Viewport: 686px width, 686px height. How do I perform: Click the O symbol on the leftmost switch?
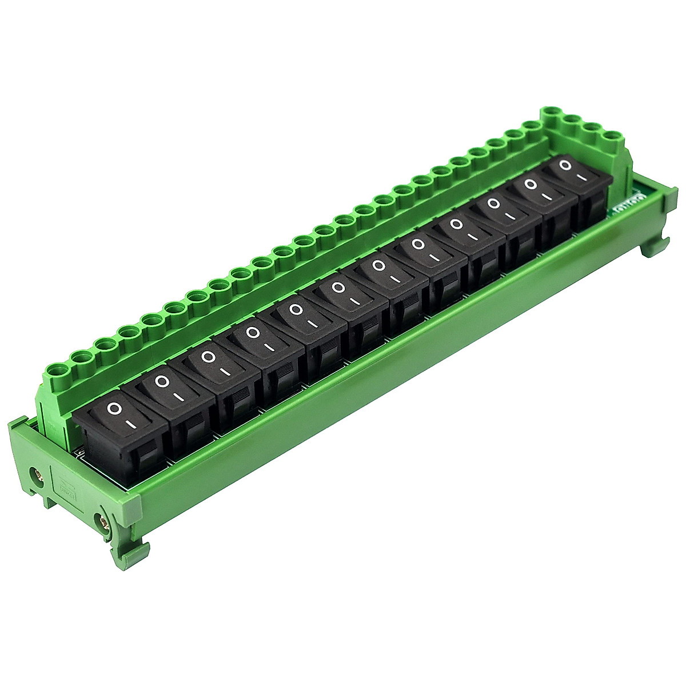[115, 409]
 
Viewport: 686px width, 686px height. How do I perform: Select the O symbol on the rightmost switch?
[566, 165]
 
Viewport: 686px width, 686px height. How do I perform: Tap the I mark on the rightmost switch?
[582, 177]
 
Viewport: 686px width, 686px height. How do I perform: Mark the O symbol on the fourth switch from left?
[253, 332]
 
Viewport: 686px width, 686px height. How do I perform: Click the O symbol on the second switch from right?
[531, 184]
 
